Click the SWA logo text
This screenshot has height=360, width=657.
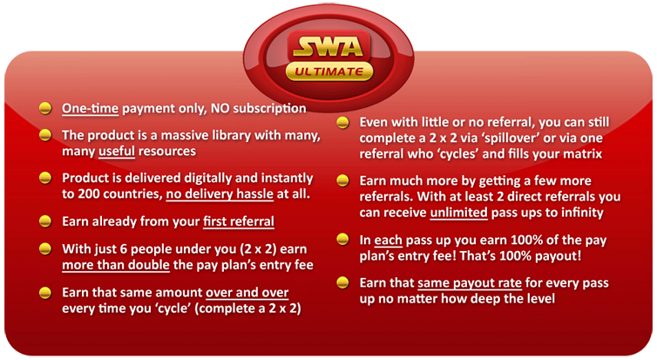328,46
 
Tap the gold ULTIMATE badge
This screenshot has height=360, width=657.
329,71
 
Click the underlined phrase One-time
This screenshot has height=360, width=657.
90,109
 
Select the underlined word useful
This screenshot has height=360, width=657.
117,151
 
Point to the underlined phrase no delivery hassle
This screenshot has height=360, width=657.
220,194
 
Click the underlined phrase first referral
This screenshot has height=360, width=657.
239,221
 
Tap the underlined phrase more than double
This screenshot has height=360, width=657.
116,265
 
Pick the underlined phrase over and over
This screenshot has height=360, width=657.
247,292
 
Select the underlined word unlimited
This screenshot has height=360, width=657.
458,213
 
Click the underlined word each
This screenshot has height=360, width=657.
388,240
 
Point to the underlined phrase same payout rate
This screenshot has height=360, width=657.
470,283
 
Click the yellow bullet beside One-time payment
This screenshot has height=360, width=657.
45,108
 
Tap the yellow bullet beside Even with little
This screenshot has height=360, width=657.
342,122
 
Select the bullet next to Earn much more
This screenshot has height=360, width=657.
342,180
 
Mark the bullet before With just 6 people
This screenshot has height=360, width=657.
45,249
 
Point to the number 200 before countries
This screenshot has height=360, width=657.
88,194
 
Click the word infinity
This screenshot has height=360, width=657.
582,213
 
